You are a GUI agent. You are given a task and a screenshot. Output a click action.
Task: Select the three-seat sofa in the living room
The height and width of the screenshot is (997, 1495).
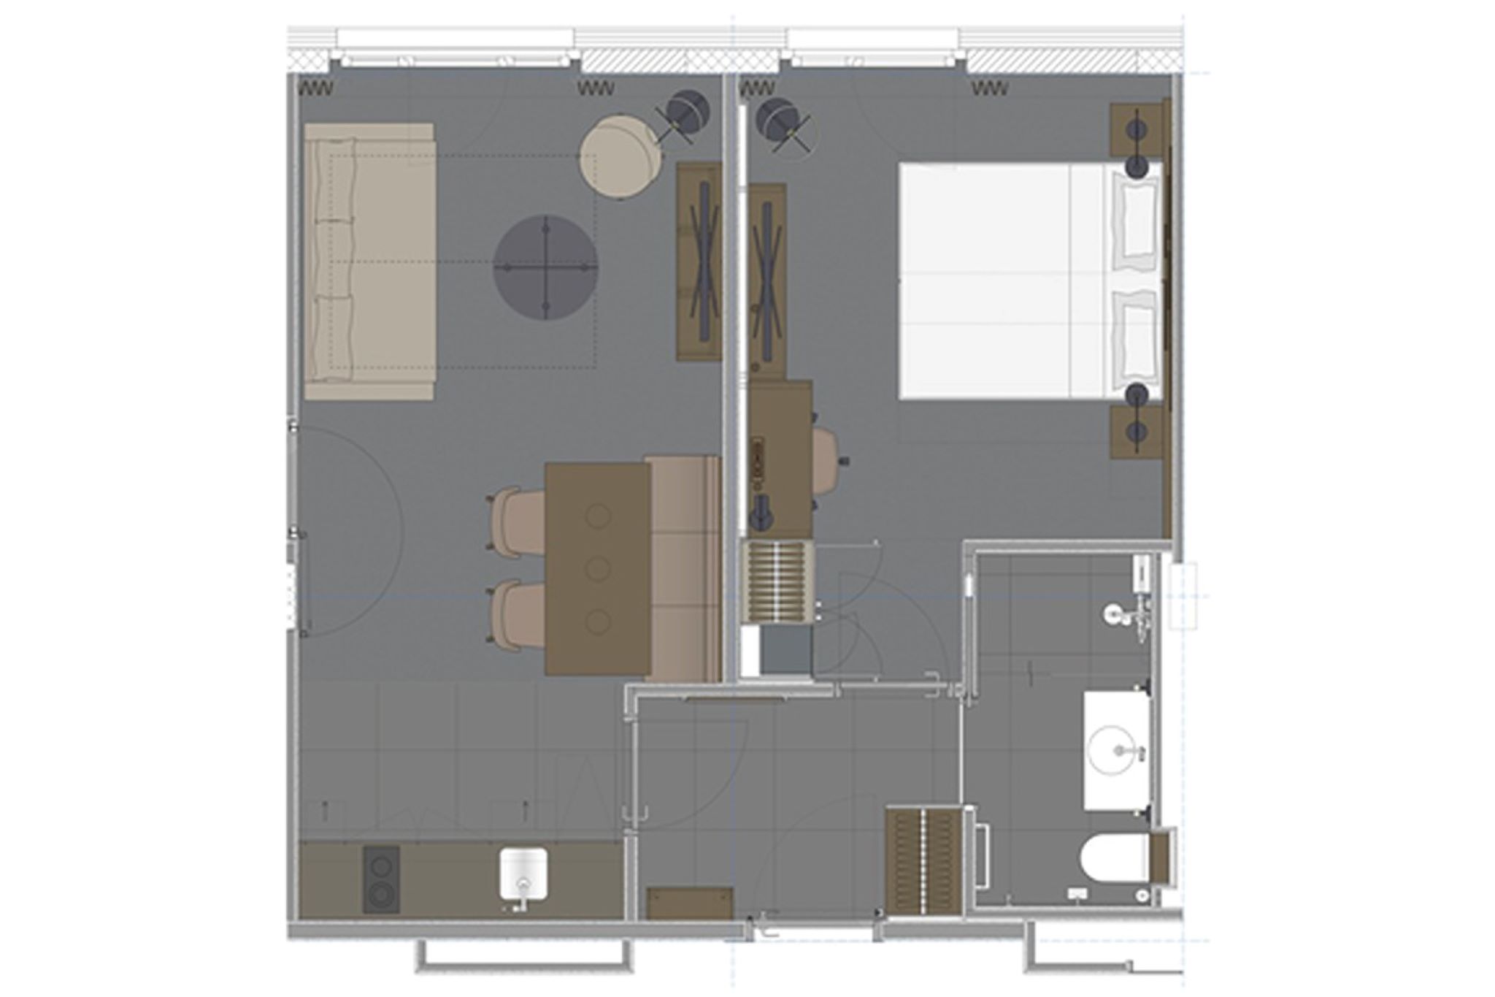pos(369,261)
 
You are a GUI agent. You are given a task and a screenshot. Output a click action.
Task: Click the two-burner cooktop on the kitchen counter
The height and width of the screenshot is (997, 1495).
pos(381,879)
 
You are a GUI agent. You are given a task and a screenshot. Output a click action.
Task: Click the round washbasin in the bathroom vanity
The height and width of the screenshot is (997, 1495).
pos(1114,749)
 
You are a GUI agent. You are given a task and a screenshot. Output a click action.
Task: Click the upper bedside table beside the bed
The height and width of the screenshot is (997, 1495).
pos(1137,130)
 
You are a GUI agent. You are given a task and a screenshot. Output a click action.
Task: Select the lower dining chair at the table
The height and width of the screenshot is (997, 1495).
pos(516,614)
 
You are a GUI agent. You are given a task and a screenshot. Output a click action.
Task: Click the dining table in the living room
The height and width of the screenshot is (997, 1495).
pos(597,568)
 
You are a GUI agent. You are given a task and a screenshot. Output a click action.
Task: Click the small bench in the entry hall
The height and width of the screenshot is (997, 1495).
pos(690,903)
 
